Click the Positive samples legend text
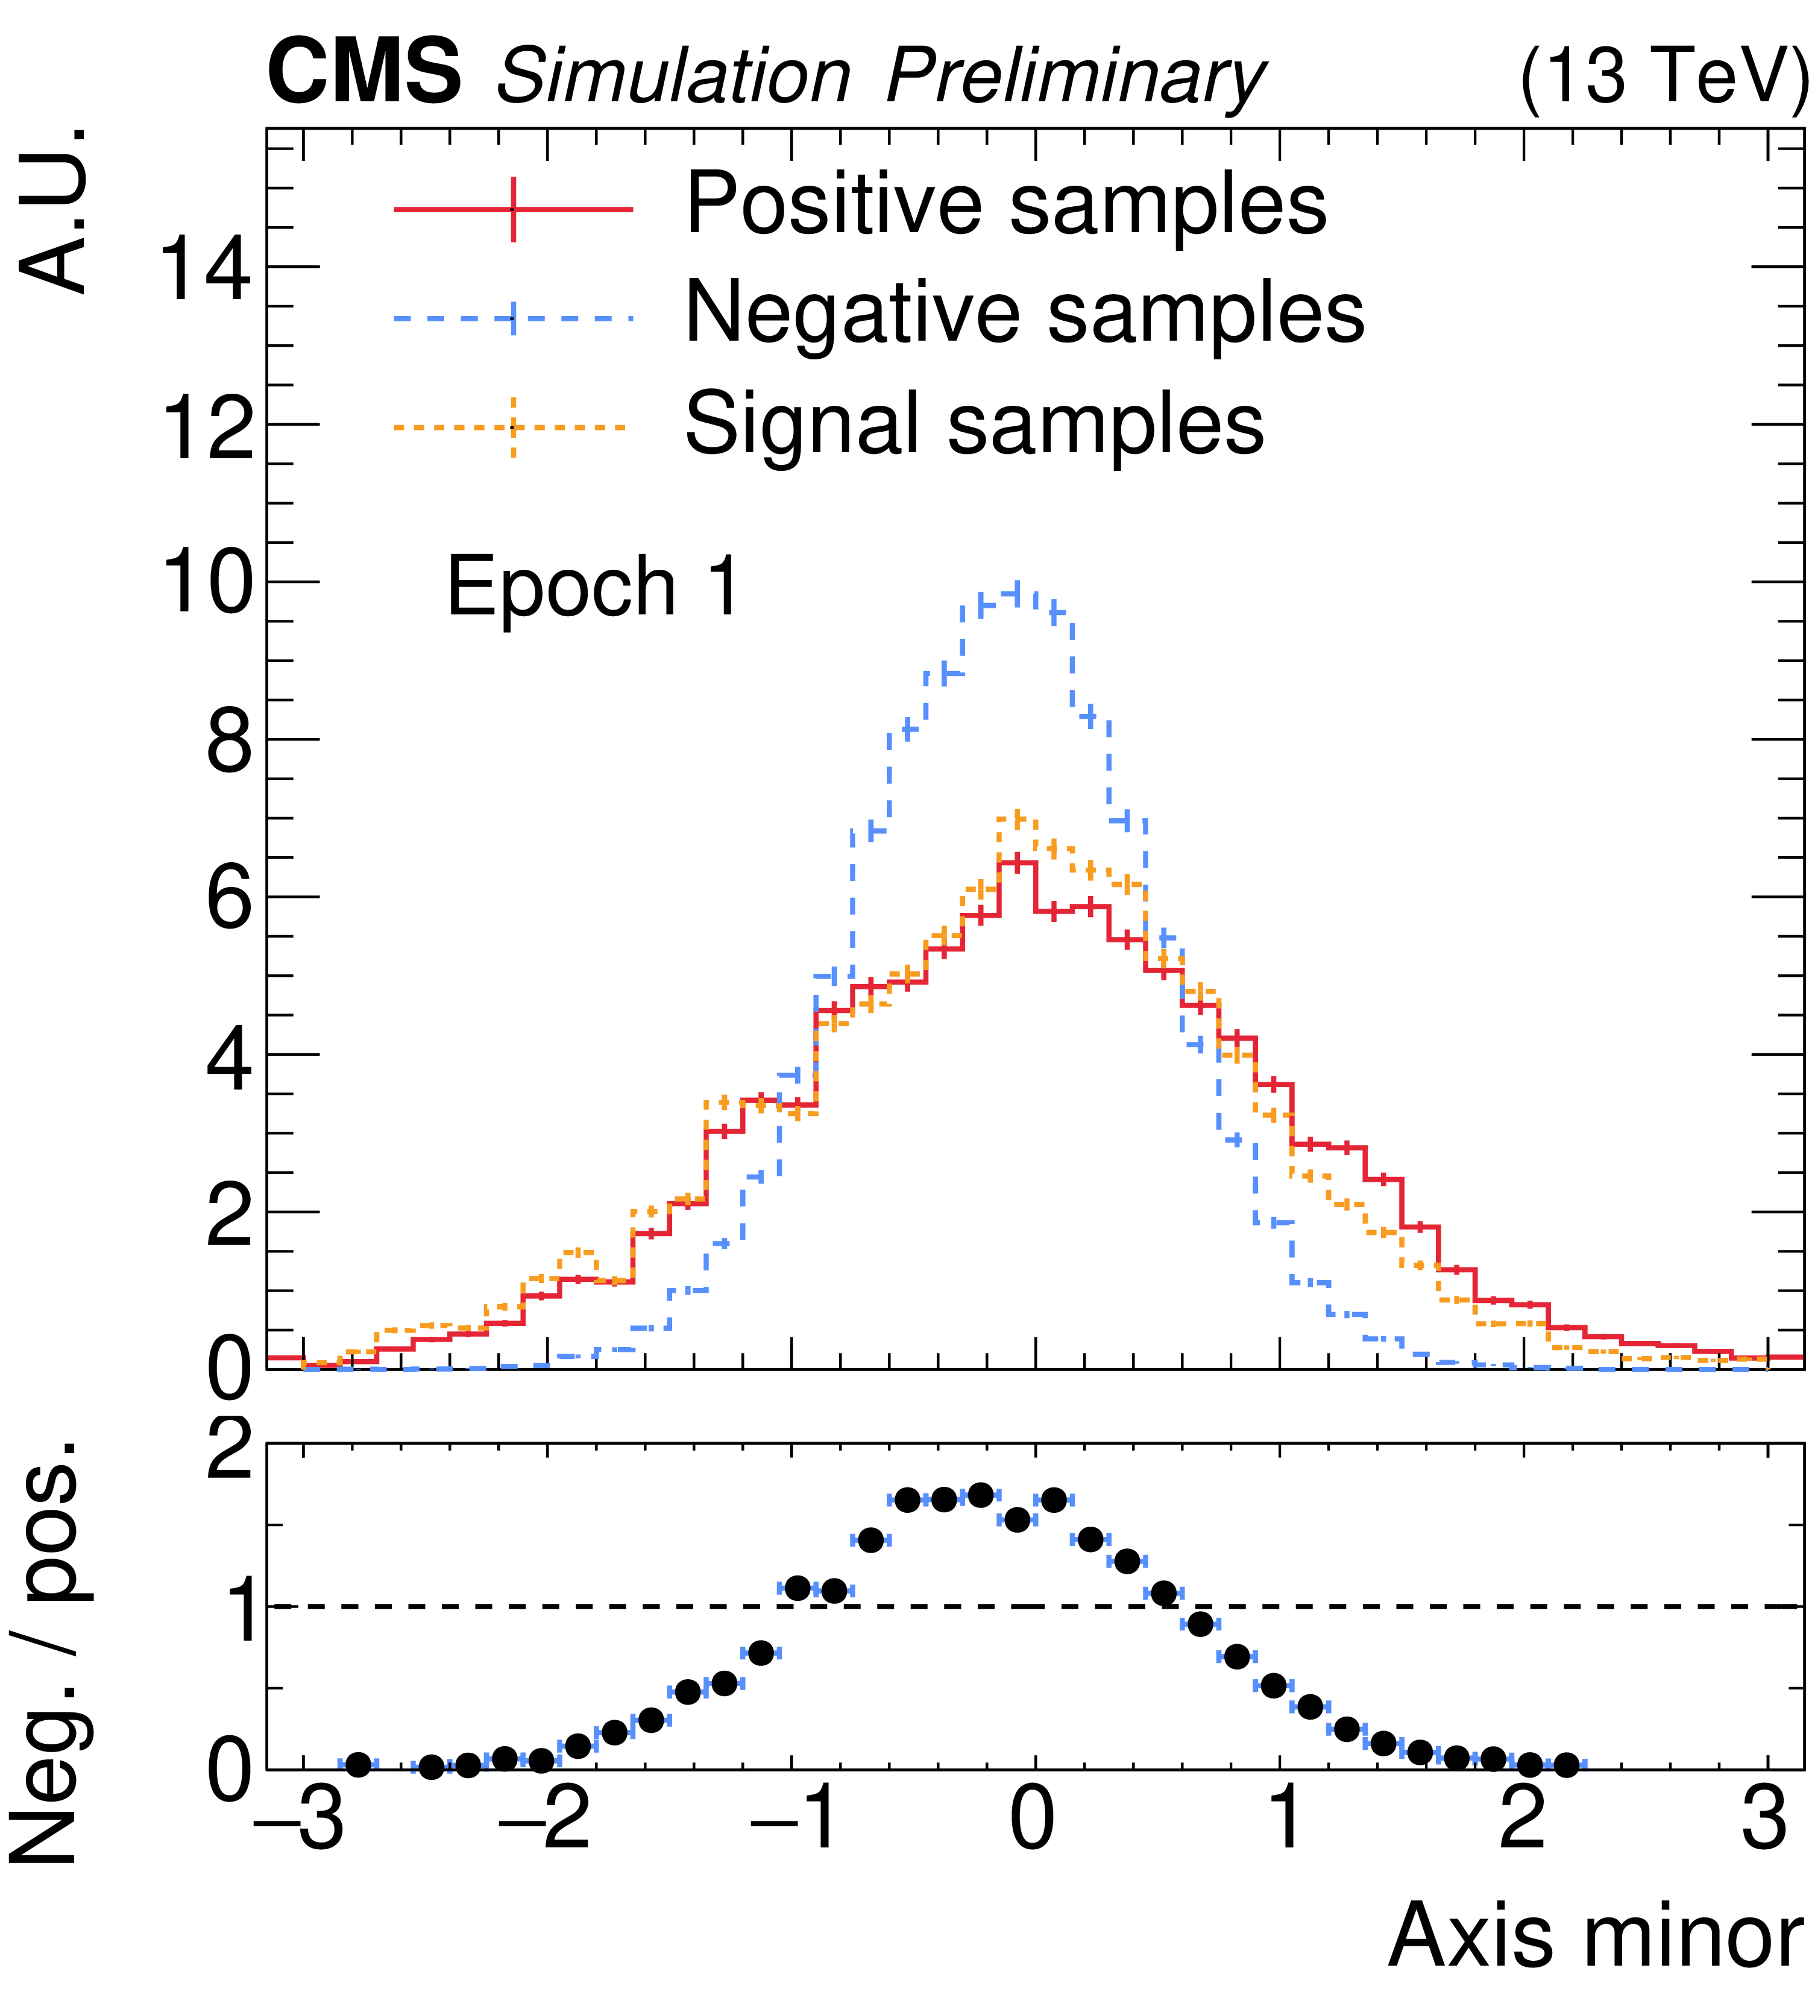[1005, 204]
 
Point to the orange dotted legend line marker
[512, 427]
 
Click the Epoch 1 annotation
[593, 586]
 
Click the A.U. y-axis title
[55, 210]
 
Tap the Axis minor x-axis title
[1594, 1935]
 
